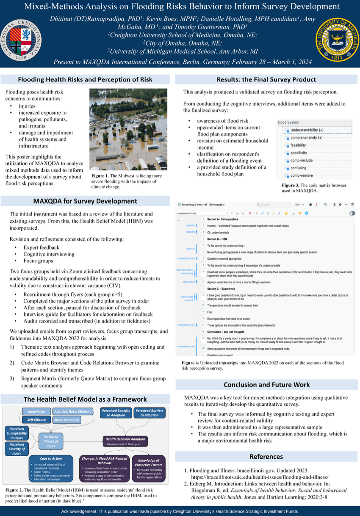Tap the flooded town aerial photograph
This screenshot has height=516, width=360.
pyautogui.click(x=128, y=129)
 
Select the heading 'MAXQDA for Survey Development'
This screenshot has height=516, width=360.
pyautogui.click(x=85, y=201)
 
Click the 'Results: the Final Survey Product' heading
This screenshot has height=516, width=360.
pyautogui.click(x=266, y=79)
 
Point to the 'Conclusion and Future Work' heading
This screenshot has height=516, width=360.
pyautogui.click(x=266, y=385)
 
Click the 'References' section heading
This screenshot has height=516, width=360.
pyautogui.click(x=266, y=456)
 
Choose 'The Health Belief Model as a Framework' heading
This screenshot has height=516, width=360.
pyautogui.click(x=85, y=399)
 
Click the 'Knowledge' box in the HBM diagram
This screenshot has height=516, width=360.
pyautogui.click(x=37, y=411)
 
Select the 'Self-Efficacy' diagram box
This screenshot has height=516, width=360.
pyautogui.click(x=37, y=419)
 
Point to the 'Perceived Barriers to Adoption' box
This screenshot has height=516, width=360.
pyautogui.click(x=149, y=413)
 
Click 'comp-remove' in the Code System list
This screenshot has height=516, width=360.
pyautogui.click(x=302, y=175)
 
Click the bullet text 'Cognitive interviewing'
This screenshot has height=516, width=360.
pyautogui.click(x=49, y=254)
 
